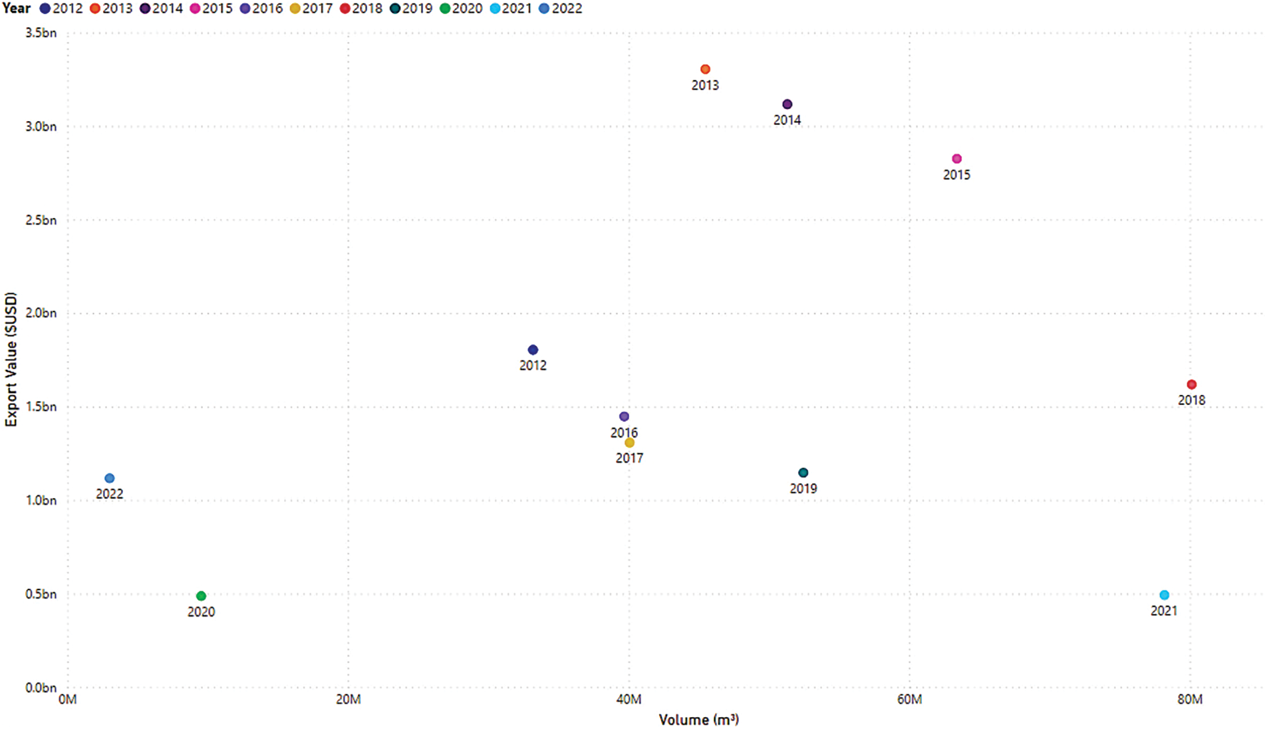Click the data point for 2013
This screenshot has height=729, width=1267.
(705, 69)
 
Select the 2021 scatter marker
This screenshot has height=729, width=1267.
(1164, 595)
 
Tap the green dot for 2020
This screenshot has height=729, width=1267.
(201, 596)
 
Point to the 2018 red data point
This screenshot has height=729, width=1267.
(1191, 384)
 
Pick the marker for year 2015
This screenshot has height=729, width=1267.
(956, 159)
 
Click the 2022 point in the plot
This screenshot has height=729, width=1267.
(110, 478)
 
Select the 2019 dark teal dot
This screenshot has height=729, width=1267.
(803, 473)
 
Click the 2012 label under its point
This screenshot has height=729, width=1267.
(533, 365)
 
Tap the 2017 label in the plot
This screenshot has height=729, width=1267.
(629, 458)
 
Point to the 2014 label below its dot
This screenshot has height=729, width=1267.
(787, 120)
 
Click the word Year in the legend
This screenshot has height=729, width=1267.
(17, 9)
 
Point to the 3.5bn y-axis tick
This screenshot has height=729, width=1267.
(41, 33)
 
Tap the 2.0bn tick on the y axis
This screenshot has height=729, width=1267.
(41, 313)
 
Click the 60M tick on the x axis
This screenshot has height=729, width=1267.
(909, 699)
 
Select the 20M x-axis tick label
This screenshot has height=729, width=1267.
(348, 699)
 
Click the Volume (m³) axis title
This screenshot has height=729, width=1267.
(698, 720)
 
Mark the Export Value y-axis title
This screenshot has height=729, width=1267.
(11, 359)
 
